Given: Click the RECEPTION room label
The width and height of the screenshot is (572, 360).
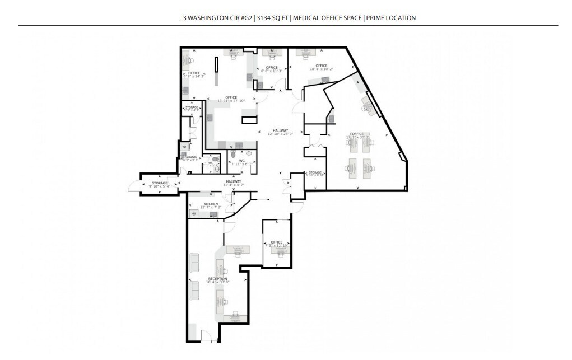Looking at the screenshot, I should [217, 278].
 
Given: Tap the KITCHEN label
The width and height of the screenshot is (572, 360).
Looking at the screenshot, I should [211, 204].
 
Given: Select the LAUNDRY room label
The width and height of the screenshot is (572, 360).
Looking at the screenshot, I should [190, 157].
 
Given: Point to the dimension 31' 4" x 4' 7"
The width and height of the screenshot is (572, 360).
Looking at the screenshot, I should [234, 185].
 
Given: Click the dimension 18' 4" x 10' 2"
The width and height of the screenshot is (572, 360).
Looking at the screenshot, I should [321, 69].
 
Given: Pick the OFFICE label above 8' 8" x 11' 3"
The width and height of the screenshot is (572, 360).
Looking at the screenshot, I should [272, 68].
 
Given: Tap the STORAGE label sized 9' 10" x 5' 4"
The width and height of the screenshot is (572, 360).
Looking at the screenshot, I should [160, 183].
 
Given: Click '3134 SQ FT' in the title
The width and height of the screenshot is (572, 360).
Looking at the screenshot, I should [272, 18].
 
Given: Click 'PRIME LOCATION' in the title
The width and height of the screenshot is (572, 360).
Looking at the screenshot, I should [391, 18].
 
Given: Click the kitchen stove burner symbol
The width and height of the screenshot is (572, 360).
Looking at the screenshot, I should [194, 214].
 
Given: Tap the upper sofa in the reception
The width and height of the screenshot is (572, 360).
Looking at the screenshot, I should [194, 262].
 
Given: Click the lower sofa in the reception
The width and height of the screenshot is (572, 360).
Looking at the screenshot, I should [194, 289].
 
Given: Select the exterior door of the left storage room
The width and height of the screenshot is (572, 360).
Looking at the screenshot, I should [134, 187].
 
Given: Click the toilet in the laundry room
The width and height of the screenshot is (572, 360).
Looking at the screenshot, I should [184, 146].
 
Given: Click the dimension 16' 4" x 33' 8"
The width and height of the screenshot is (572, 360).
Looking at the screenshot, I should [217, 282].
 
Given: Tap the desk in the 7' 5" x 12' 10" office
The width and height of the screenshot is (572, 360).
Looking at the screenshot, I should [278, 251].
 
